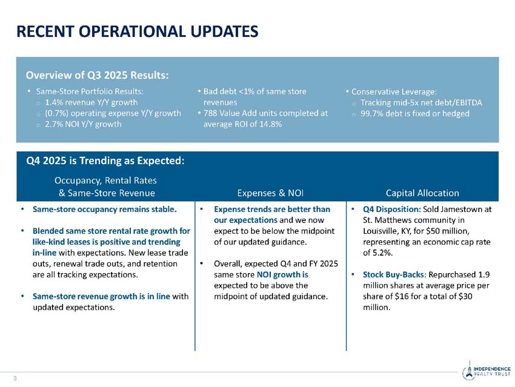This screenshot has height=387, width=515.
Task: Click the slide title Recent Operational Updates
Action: (x=137, y=31)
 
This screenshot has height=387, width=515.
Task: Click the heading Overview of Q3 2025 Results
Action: (x=97, y=75)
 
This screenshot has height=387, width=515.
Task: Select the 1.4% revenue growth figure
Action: (x=55, y=102)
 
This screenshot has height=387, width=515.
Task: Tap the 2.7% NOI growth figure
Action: (x=55, y=124)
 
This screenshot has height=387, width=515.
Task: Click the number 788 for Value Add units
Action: (x=210, y=113)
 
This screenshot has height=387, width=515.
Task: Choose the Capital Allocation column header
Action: (x=422, y=193)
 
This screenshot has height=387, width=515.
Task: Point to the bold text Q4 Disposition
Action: (x=387, y=210)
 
